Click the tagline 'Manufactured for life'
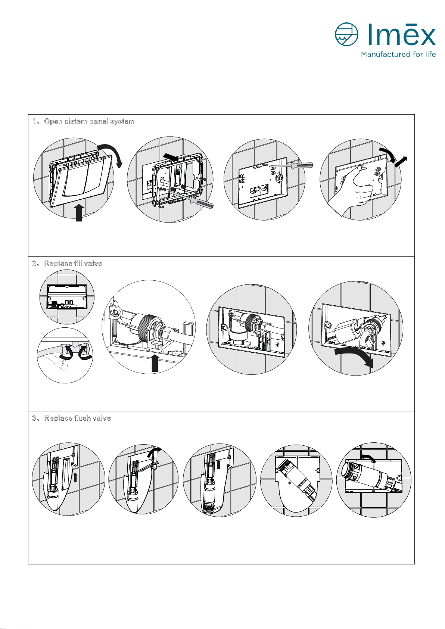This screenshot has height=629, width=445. pyautogui.click(x=398, y=55)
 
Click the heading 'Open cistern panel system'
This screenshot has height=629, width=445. pyautogui.click(x=89, y=122)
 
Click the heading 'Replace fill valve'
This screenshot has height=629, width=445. pyautogui.click(x=73, y=264)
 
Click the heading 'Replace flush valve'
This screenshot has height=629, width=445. pyautogui.click(x=77, y=418)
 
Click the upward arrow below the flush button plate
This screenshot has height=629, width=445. pyautogui.click(x=79, y=212)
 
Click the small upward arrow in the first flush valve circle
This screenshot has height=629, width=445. pyautogui.click(x=75, y=477)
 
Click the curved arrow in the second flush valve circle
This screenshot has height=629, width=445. pyautogui.click(x=153, y=454)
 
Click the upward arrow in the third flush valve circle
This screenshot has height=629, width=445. pyautogui.click(x=219, y=464)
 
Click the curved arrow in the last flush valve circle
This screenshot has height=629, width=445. pyautogui.click(x=368, y=459)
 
